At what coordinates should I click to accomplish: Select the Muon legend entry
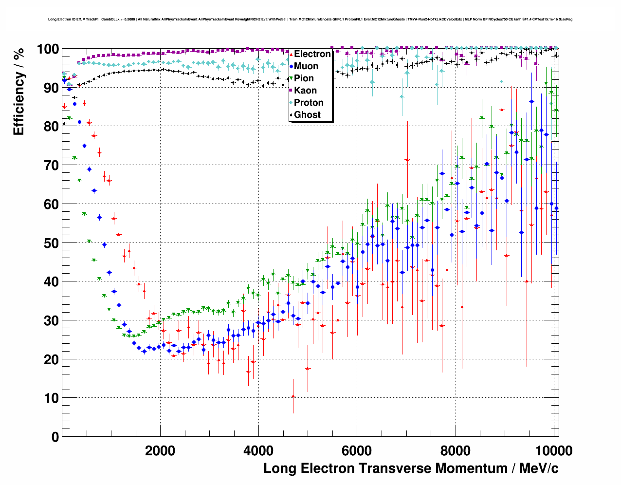pyautogui.click(x=306, y=66)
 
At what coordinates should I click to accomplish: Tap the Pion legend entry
pyautogui.click(x=304, y=78)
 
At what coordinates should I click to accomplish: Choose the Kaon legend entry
pyautogui.click(x=305, y=91)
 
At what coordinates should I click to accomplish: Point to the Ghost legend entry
pyautogui.click(x=307, y=115)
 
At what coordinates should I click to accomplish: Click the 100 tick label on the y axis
pyautogui.click(x=48, y=49)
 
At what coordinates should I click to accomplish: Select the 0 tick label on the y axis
pyautogui.click(x=55, y=437)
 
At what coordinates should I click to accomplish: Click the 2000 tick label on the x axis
pyautogui.click(x=160, y=450)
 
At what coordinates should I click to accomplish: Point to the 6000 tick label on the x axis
pyautogui.click(x=357, y=450)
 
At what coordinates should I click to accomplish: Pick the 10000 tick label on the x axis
pyautogui.click(x=553, y=450)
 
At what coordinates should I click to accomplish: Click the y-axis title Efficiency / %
pyautogui.click(x=19, y=92)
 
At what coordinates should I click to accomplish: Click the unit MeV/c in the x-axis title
pyautogui.click(x=539, y=468)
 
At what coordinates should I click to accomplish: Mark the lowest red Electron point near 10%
pyautogui.click(x=293, y=396)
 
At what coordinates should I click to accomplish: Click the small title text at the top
pyautogui.click(x=310, y=19)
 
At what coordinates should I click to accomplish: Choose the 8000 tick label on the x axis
pyautogui.click(x=456, y=450)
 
